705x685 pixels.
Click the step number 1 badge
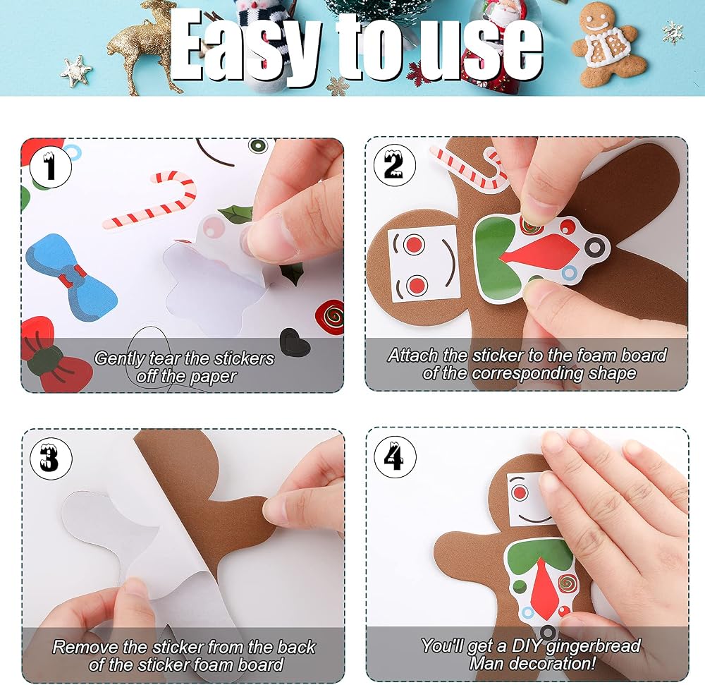pyautogui.click(x=50, y=166)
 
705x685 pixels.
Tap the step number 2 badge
pyautogui.click(x=394, y=164)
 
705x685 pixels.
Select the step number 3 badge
pyautogui.click(x=51, y=459)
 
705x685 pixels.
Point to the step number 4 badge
pyautogui.click(x=395, y=456)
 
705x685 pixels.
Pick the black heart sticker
pyautogui.click(x=295, y=341)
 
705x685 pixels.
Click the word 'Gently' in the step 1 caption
pyautogui.click(x=120, y=358)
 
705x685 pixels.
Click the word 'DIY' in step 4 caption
pyautogui.click(x=527, y=645)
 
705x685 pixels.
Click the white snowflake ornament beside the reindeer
pyautogui.click(x=76, y=71)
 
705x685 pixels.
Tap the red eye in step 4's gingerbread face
pyautogui.click(x=520, y=492)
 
